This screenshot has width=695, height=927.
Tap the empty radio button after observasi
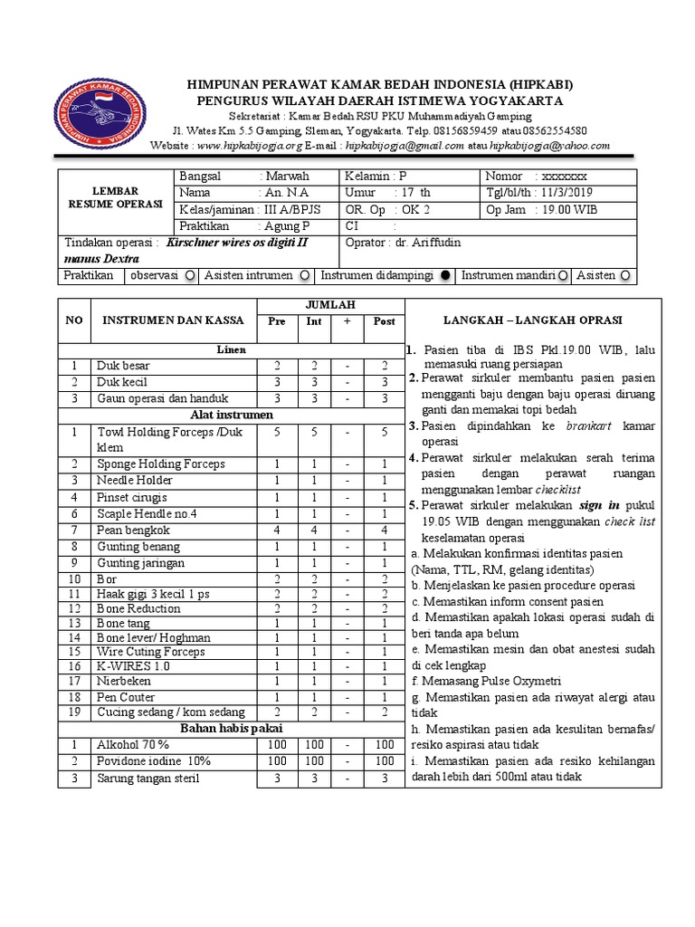188,276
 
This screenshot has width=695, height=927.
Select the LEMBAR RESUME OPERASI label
115,198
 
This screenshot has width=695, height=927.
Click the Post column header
385,321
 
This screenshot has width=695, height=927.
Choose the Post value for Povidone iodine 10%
385,761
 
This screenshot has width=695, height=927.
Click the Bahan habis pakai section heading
231,728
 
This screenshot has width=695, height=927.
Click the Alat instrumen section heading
231,416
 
